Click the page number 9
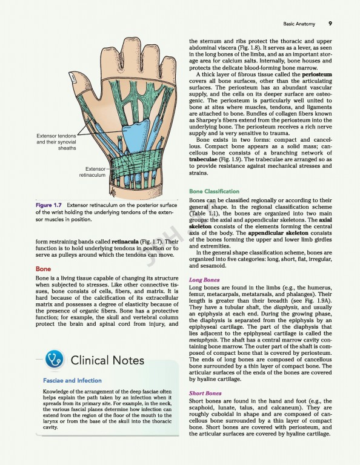[x=330, y=24]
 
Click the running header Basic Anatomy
[x=299, y=24]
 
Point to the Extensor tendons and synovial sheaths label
[x=56, y=141]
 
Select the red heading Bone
[x=43, y=268]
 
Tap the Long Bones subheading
[x=203, y=280]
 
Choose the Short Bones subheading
[x=204, y=393]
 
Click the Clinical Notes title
[x=107, y=360]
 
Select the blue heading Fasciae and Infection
[x=72, y=381]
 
